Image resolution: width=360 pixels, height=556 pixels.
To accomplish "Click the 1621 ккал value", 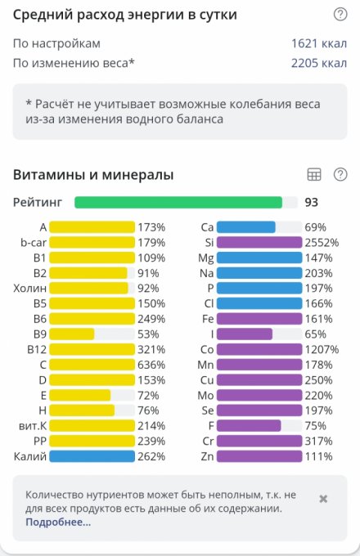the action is tap(319, 43).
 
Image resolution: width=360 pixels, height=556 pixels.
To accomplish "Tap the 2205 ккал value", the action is tap(319, 63).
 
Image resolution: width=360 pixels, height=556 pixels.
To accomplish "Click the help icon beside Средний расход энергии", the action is tap(340, 14).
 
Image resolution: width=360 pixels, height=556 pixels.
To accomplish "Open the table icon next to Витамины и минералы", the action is tap(314, 174).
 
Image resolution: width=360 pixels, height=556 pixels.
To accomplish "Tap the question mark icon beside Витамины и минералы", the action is tap(340, 174).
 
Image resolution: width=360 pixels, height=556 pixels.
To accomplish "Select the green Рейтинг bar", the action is tap(178, 203).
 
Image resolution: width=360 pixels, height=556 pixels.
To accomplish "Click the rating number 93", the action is tap(311, 203).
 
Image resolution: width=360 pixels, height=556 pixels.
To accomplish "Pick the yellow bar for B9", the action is tap(72, 334).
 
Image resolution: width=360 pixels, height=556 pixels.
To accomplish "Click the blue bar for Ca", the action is tap(246, 227).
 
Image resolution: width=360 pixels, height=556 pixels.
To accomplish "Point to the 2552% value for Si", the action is tap(322, 243).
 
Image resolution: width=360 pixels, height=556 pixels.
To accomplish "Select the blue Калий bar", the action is tap(92, 456).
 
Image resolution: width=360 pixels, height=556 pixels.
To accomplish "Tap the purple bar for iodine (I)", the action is tap(245, 334).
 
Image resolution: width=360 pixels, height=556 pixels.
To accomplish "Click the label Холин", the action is tap(29, 289).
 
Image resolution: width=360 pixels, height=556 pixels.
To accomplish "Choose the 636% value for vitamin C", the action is tap(151, 365).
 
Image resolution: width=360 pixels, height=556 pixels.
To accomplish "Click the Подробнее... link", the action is tap(58, 522).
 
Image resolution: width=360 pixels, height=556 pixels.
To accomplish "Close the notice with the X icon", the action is tap(323, 499).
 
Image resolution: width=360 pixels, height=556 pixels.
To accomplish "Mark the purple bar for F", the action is tap(249, 426).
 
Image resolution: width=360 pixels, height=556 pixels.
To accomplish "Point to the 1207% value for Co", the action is tap(322, 350).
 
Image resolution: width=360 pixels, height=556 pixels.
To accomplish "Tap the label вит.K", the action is tap(33, 426).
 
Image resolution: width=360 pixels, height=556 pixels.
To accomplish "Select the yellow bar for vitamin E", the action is tap(80, 396).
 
